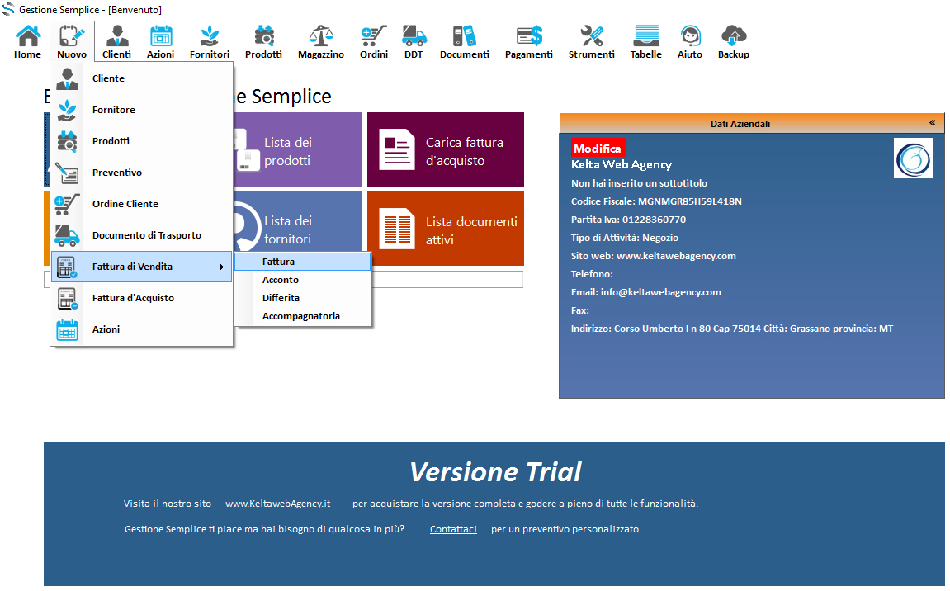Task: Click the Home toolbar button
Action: tap(27, 42)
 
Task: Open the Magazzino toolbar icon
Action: tap(320, 42)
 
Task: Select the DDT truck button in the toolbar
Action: tap(414, 42)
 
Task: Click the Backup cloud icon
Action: tap(733, 42)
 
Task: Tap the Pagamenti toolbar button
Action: tap(528, 42)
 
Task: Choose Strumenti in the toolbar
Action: tap(591, 42)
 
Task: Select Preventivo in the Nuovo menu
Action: tap(117, 173)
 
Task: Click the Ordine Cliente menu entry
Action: tap(125, 204)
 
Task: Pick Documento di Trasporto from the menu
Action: tap(147, 235)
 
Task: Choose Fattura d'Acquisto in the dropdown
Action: tap(133, 298)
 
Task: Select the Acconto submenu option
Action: tap(281, 280)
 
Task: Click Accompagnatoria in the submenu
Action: tap(301, 316)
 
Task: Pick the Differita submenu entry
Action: tap(281, 298)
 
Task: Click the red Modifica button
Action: tap(598, 149)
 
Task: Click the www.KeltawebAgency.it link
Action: tap(277, 504)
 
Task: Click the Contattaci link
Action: tap(453, 529)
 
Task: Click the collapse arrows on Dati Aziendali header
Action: tap(932, 123)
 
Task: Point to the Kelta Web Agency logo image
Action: tap(914, 158)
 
